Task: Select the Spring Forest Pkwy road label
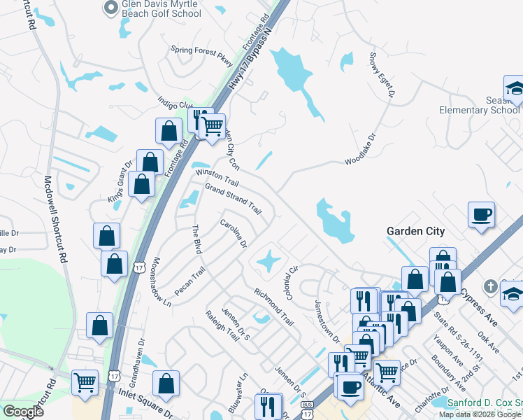click(x=202, y=54)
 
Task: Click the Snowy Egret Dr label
click(x=382, y=73)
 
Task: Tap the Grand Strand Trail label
click(x=233, y=199)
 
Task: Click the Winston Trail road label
click(x=217, y=178)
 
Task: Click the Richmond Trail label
click(x=274, y=307)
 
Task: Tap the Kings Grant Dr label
click(x=120, y=182)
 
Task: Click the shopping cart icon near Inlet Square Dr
click(x=85, y=382)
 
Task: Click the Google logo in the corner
click(x=23, y=412)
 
